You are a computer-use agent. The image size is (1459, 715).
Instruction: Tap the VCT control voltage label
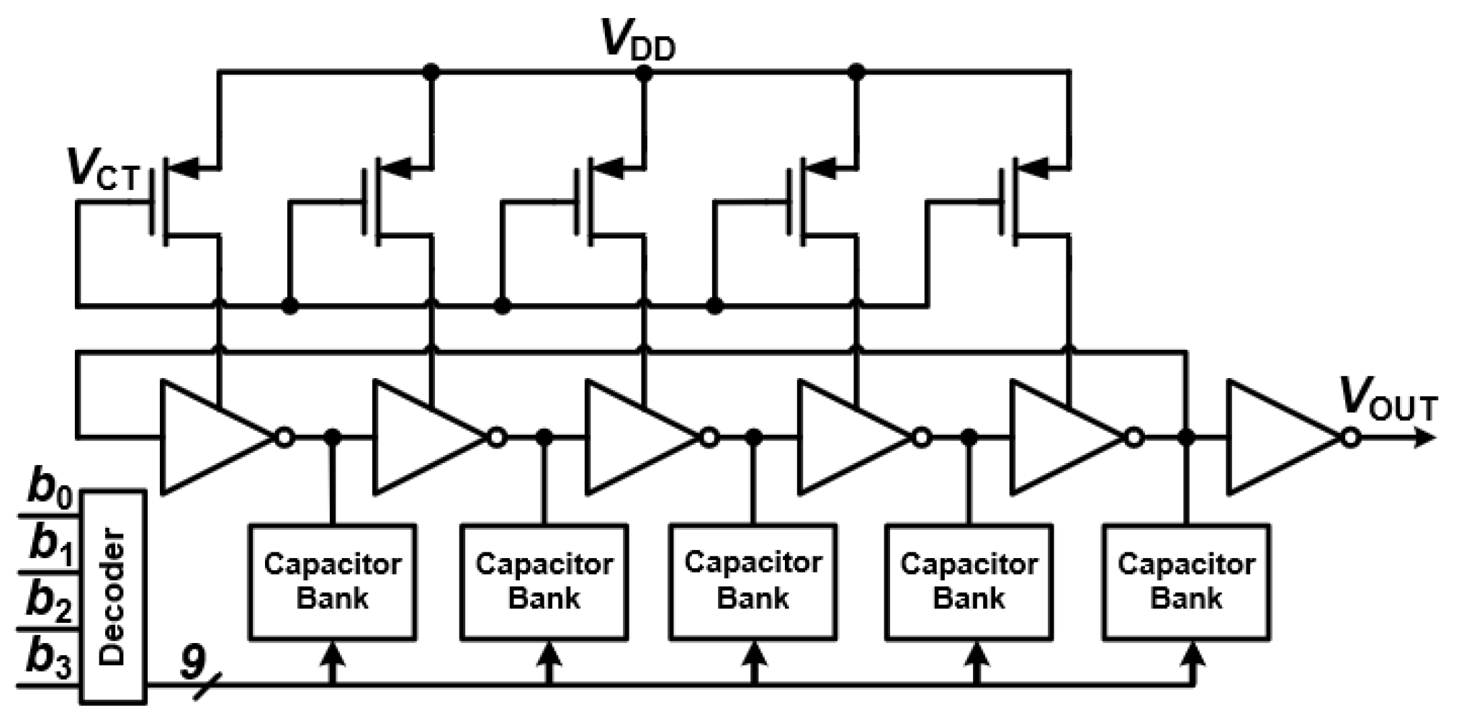[x=102, y=170]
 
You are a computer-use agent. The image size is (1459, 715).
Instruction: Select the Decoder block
[x=113, y=595]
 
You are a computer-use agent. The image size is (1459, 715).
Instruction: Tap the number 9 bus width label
[x=192, y=661]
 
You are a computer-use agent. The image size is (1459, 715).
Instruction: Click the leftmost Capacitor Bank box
[x=332, y=582]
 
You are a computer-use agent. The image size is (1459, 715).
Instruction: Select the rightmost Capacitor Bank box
[x=1185, y=582]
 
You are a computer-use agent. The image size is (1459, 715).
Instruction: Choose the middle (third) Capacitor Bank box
[x=753, y=582]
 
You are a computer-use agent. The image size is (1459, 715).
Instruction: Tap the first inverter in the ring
[x=212, y=437]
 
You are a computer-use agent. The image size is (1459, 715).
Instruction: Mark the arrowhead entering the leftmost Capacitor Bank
[x=332, y=654]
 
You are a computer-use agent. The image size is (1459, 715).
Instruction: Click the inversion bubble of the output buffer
[x=1350, y=437]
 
